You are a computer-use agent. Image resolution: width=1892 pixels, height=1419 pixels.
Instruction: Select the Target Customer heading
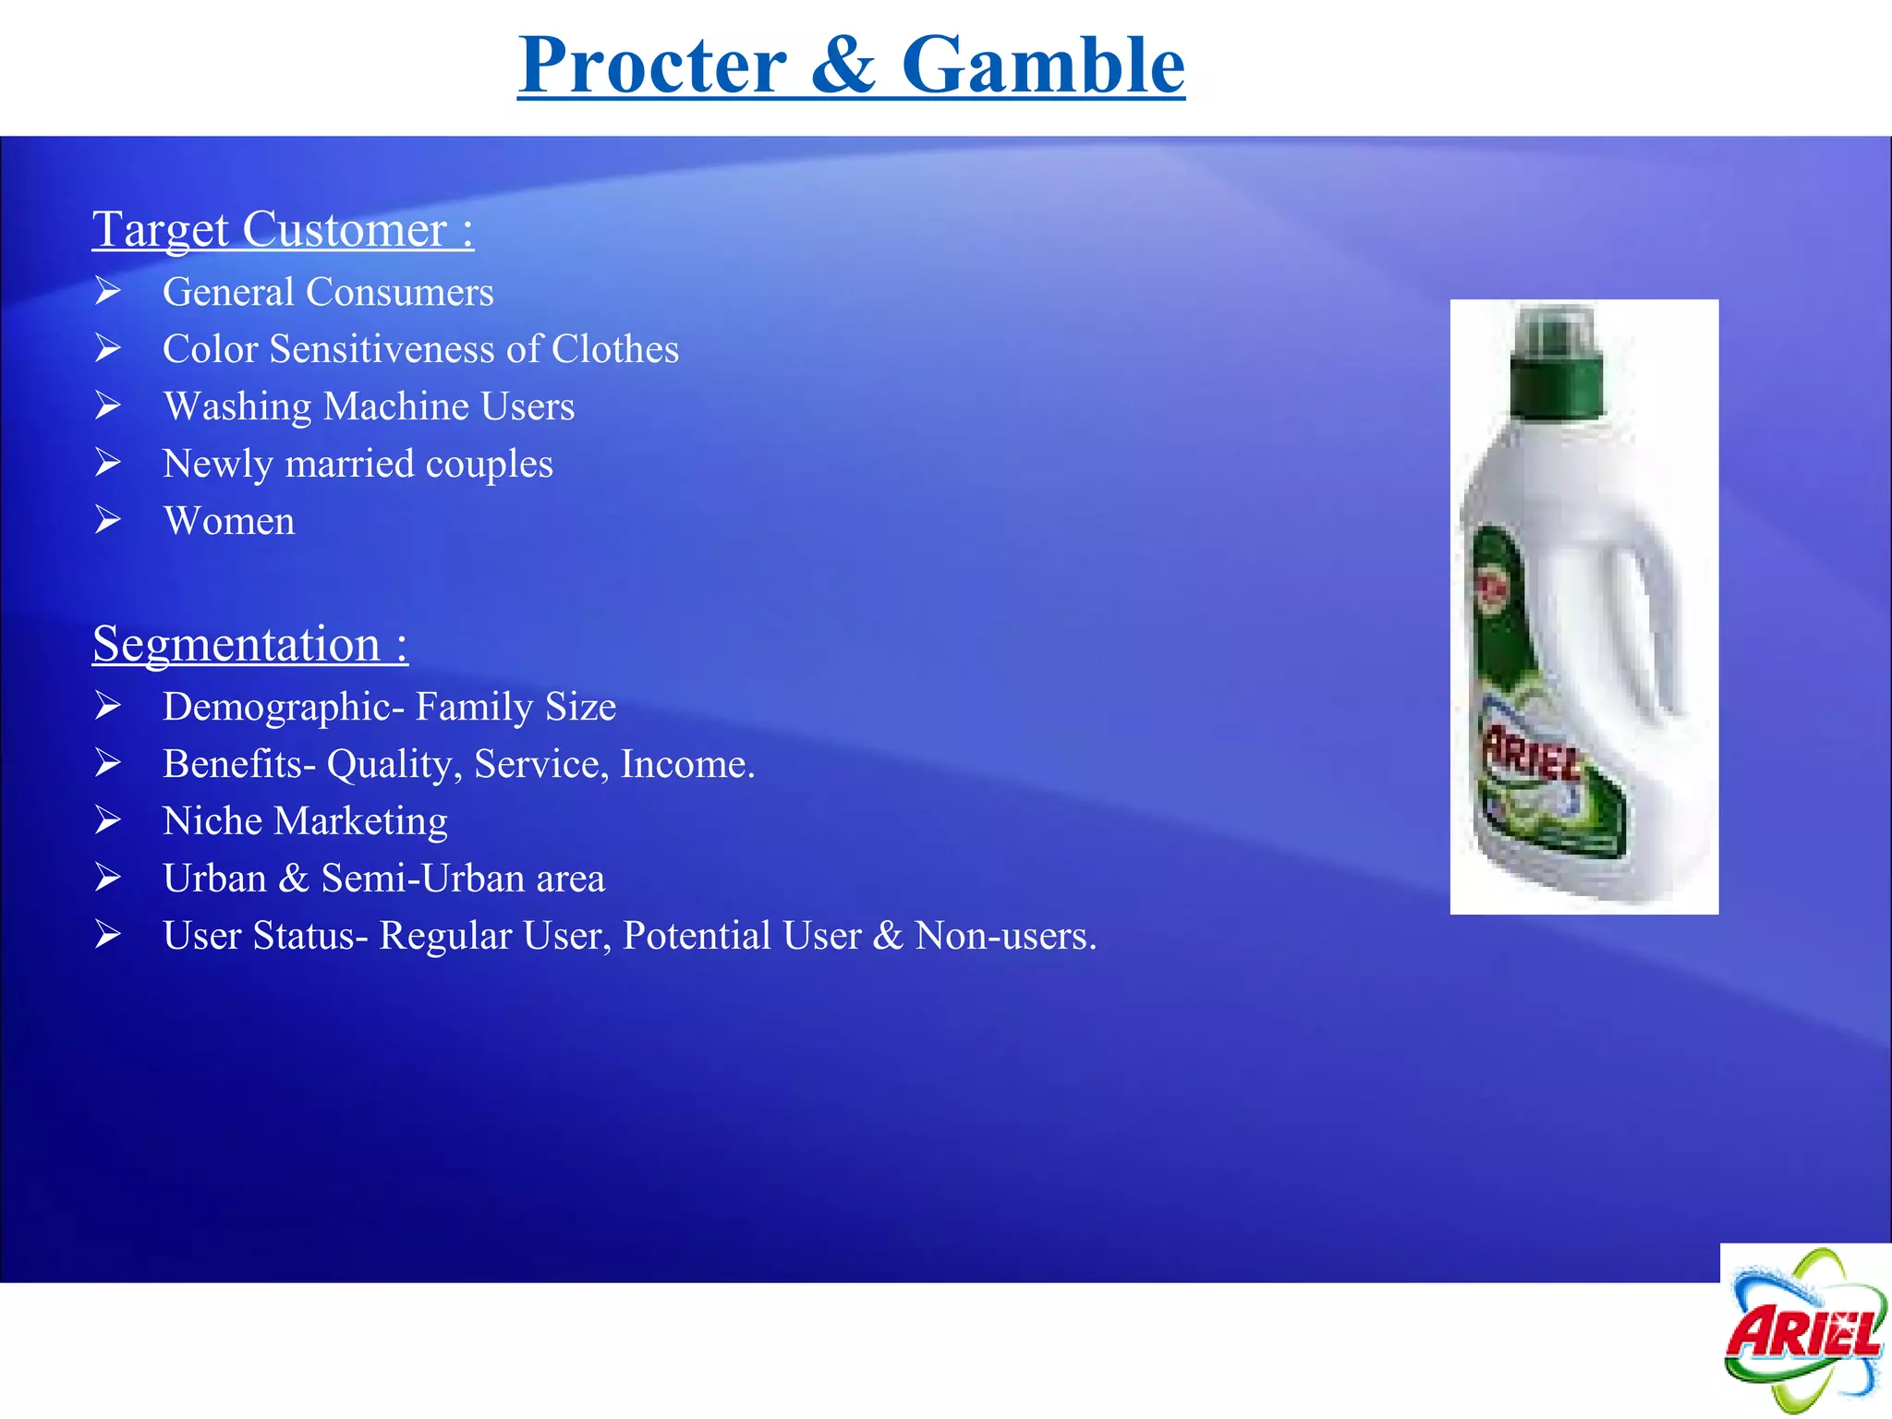coord(282,229)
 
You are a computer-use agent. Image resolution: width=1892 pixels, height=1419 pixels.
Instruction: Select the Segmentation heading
coord(249,644)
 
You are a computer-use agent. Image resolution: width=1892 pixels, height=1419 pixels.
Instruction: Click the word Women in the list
coord(229,521)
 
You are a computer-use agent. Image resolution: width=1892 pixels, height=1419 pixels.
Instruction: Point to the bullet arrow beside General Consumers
coord(108,291)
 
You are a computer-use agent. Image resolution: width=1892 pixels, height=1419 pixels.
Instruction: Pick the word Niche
coord(212,821)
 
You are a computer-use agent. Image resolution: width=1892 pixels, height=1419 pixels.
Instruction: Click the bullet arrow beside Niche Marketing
coord(108,820)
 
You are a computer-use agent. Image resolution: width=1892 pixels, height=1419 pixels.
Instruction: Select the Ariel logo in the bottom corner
coord(1803,1330)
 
